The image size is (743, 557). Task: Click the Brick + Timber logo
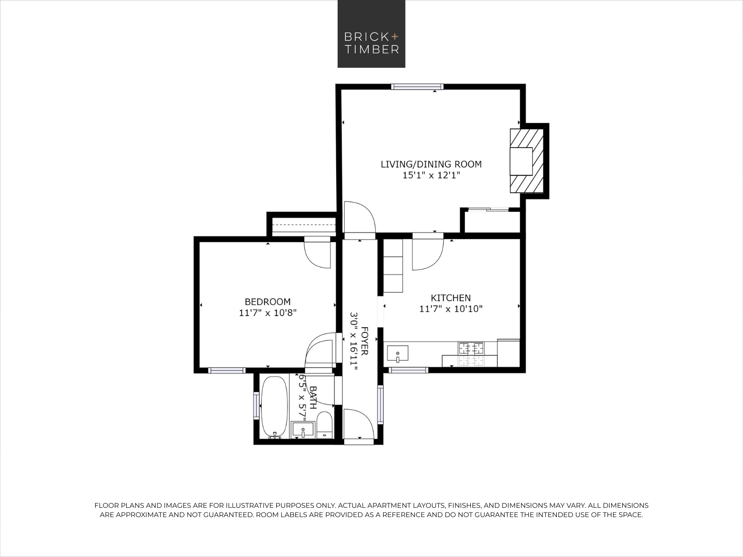(x=371, y=34)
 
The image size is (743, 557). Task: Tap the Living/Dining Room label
(x=431, y=164)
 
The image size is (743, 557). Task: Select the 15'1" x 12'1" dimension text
(x=431, y=175)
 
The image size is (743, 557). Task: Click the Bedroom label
(x=267, y=302)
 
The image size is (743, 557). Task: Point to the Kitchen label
(x=450, y=298)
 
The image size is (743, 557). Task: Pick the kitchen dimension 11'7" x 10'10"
(x=450, y=309)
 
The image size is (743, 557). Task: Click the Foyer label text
(x=365, y=341)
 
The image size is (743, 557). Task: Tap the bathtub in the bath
(x=274, y=407)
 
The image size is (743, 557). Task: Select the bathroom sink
(x=303, y=430)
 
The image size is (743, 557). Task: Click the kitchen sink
(x=398, y=354)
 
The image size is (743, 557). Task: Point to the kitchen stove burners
(x=471, y=348)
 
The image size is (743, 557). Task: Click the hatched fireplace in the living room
(x=527, y=161)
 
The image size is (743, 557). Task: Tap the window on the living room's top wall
(x=417, y=87)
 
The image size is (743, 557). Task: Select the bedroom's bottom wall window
(x=227, y=370)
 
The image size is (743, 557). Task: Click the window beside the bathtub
(x=256, y=405)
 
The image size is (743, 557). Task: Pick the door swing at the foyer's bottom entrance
(x=358, y=424)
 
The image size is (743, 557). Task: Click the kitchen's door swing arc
(x=428, y=255)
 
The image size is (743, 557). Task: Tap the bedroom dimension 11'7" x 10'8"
(x=267, y=313)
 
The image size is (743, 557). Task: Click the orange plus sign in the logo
(x=395, y=36)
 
